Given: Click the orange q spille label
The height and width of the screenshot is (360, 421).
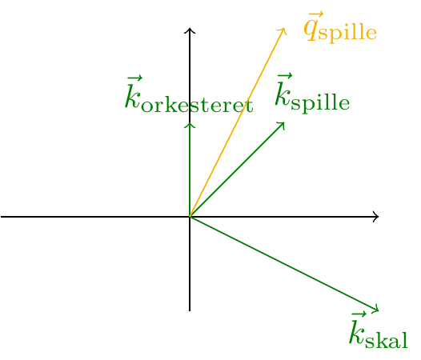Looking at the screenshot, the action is point(340,27).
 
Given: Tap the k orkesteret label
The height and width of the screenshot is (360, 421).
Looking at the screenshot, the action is point(189,94).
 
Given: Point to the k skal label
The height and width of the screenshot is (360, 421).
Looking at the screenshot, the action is point(379,330).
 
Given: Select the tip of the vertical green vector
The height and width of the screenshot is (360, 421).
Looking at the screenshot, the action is point(190,123).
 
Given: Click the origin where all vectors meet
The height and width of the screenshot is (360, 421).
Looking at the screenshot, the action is point(190,217).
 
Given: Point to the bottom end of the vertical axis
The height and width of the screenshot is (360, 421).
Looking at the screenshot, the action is point(190,311).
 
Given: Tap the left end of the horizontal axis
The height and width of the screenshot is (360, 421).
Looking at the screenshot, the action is point(1,217).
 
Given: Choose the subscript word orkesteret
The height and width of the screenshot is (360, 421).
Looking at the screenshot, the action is point(198,106).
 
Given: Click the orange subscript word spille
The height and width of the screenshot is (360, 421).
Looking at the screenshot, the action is point(347,34).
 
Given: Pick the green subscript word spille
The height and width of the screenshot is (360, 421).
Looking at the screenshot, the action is point(320,103).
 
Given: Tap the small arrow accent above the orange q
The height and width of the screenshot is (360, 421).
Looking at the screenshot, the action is point(316,14).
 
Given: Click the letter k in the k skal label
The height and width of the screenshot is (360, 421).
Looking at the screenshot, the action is point(357,330).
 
